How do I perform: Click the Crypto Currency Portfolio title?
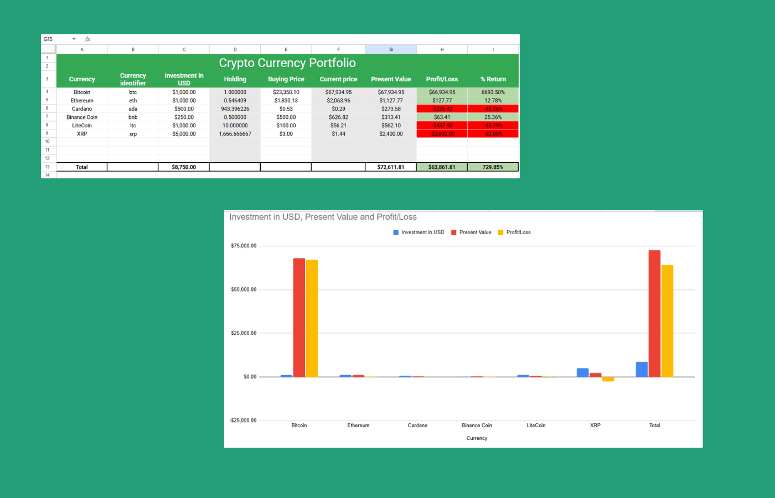coord(287,63)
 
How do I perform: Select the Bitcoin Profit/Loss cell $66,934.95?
coord(442,92)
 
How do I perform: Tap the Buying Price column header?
coord(286,79)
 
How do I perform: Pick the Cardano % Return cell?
coord(493,109)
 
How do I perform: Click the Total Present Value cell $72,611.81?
coord(390,167)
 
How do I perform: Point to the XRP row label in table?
coord(82,134)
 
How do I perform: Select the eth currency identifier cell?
coord(133,101)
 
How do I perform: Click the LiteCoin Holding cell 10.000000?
coord(235,126)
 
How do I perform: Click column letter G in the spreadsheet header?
coord(391,50)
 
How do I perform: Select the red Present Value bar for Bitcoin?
coord(299,318)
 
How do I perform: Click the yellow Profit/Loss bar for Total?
coord(667,321)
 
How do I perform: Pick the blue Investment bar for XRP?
coord(582,372)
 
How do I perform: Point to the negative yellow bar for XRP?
coord(608,379)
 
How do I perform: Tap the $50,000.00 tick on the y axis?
coord(244,289)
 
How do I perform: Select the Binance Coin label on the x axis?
coord(477,426)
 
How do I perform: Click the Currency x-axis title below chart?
coord(477,438)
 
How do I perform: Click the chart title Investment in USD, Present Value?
coord(323,217)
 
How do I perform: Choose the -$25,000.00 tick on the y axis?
coord(243,421)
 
